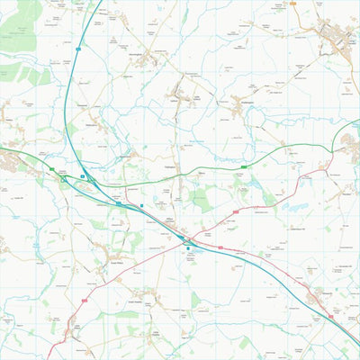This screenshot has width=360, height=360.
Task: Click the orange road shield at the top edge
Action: (293, 4)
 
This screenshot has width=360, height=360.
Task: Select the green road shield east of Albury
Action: (244, 166)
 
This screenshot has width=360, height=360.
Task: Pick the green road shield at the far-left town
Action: (52, 169)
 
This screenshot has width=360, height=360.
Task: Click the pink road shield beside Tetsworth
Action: (330, 316)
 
